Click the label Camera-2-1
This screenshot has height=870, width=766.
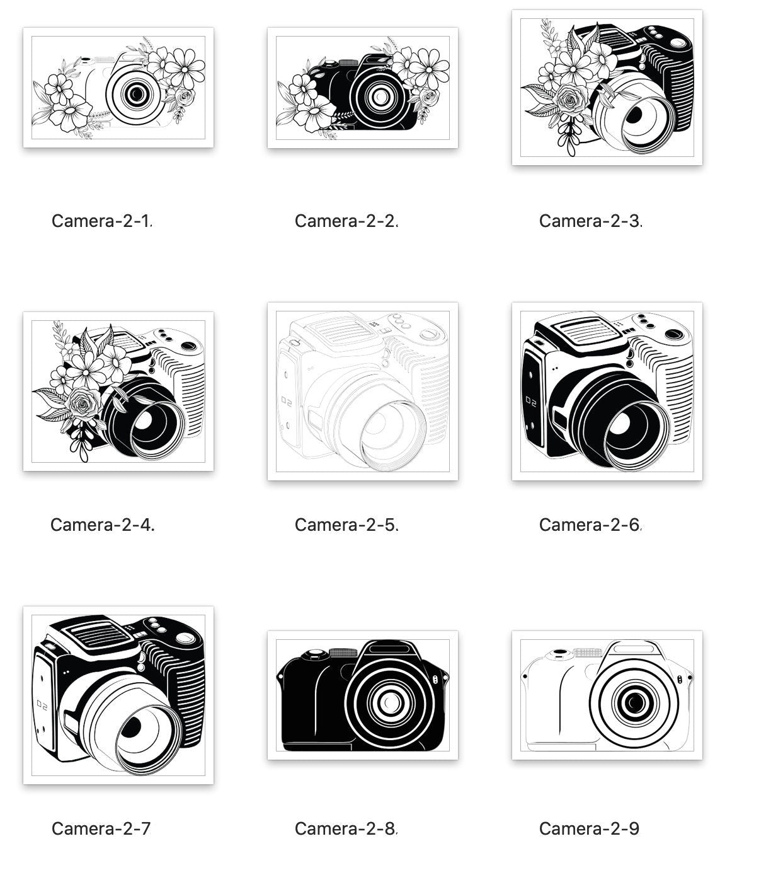[101, 221]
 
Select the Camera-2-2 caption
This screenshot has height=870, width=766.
[346, 221]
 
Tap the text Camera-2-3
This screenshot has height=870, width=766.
[590, 221]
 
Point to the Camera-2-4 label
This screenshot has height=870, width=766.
[103, 525]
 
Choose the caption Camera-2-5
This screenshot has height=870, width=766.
[346, 525]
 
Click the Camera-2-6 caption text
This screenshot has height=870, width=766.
[590, 525]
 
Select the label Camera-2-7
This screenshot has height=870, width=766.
[101, 829]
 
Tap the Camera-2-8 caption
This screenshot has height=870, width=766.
[346, 829]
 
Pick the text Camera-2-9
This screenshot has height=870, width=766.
[589, 829]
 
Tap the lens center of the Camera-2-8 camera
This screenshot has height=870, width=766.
[390, 702]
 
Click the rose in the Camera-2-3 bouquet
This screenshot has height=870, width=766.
[570, 101]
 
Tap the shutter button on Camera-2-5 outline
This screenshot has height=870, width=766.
[428, 333]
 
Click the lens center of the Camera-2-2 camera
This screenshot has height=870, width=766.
[380, 96]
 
